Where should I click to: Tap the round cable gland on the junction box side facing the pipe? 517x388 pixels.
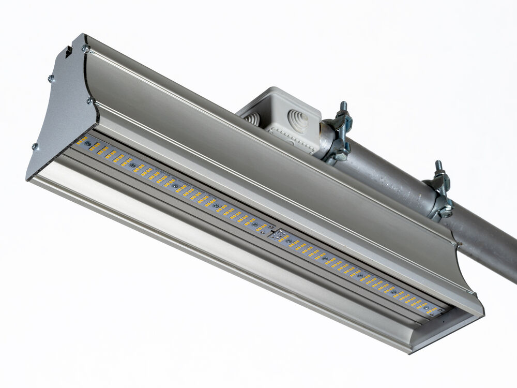[298, 121]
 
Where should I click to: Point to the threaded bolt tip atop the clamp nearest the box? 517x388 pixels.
[343, 107]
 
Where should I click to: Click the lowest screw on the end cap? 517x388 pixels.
[35, 146]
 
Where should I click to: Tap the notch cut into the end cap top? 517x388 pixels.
[68, 51]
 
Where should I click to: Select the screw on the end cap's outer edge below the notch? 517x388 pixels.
[51, 79]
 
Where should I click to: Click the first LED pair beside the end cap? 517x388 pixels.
[82, 140]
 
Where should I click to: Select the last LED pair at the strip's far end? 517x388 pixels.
[433, 309]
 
